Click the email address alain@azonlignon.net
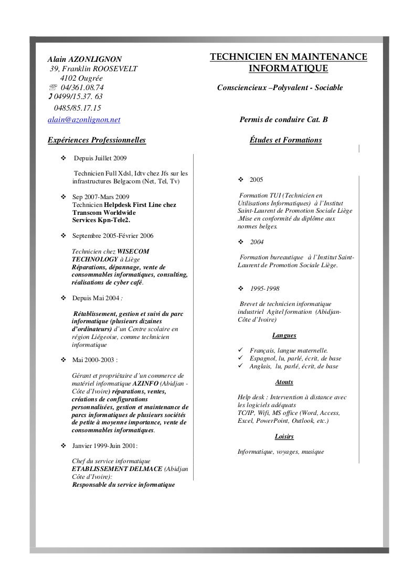pos(84,120)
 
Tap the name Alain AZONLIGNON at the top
pos(84,58)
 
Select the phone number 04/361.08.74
pos(78,87)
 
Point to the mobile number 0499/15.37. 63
pos(77,97)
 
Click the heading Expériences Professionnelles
pos(96,140)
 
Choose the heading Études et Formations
pos(286,140)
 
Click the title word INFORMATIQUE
pos(288,69)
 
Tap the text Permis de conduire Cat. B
pos(283,120)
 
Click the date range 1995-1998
pos(264,289)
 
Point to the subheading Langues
pos(284,335)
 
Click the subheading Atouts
pos(284,382)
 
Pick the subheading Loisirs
pos(284,436)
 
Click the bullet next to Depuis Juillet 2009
pos(63,157)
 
